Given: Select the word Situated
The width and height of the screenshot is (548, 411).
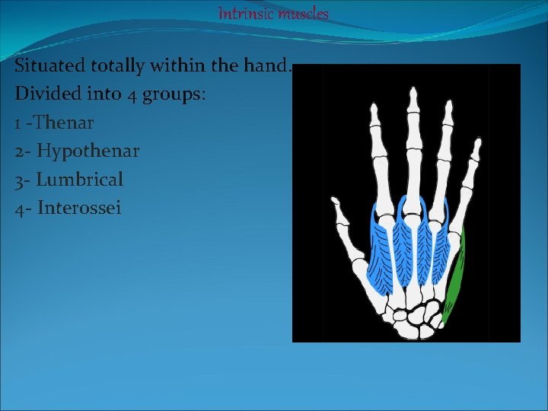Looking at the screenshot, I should click(47, 66).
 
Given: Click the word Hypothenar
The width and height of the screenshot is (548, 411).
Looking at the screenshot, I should click(88, 151).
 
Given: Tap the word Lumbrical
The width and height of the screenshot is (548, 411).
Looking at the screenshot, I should click(80, 179).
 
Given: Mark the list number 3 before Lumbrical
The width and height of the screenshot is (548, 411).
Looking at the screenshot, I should click(19, 180).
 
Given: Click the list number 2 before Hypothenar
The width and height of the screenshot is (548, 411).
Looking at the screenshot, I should click(19, 151).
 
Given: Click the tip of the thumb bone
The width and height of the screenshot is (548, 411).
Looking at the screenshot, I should click(334, 202).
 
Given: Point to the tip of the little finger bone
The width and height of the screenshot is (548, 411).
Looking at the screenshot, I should click(476, 142).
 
